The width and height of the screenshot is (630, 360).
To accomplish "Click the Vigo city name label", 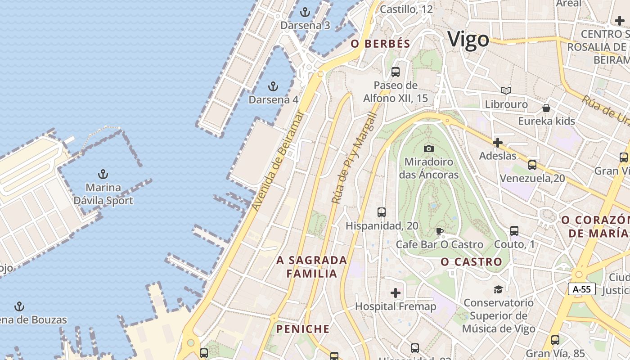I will pyautogui.click(x=468, y=40).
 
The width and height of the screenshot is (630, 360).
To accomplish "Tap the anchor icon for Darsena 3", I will pyautogui.click(x=305, y=12).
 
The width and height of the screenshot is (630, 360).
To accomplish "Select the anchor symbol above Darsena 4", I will pyautogui.click(x=273, y=86).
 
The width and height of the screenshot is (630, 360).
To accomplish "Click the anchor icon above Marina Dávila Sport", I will pyautogui.click(x=103, y=174).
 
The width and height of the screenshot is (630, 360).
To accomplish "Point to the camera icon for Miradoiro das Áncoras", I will pyautogui.click(x=429, y=148).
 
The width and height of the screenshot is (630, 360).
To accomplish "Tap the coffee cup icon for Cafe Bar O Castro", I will pyautogui.click(x=440, y=232).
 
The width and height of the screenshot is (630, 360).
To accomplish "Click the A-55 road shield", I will pyautogui.click(x=582, y=289).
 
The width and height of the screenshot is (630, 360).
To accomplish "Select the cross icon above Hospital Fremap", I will pyautogui.click(x=396, y=293).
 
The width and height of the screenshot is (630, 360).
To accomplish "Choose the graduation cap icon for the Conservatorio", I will pyautogui.click(x=498, y=289).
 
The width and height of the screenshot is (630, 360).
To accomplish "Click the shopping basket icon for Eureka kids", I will pyautogui.click(x=546, y=108).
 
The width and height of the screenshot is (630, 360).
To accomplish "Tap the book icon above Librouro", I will pyautogui.click(x=506, y=91).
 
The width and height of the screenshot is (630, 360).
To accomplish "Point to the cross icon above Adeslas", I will pyautogui.click(x=497, y=143).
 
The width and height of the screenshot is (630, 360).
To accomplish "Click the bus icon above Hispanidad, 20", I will pyautogui.click(x=382, y=212).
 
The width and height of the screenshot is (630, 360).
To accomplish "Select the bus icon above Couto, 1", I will pyautogui.click(x=514, y=231).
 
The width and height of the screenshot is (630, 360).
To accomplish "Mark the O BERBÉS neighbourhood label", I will pyautogui.click(x=381, y=44).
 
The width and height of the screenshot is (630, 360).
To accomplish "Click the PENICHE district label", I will pyautogui.click(x=303, y=329).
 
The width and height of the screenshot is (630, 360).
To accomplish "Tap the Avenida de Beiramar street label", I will pyautogui.click(x=278, y=161).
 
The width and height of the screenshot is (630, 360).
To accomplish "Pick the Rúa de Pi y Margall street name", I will pyautogui.click(x=354, y=157).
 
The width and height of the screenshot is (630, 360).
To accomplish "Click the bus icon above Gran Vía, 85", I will pyautogui.click(x=555, y=340).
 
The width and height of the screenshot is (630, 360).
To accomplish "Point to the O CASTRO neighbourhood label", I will pyautogui.click(x=471, y=262).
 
